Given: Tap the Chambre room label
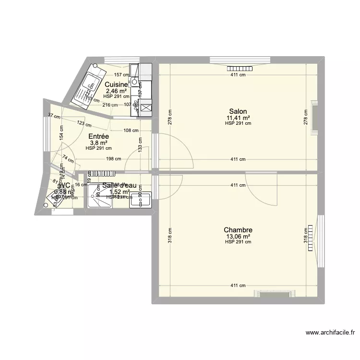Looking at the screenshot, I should point(238,230).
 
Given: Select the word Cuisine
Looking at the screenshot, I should point(117,84).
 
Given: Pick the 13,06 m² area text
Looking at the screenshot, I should point(238,236).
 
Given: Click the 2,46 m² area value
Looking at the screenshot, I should point(116,90).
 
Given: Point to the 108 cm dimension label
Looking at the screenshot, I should point(131,130).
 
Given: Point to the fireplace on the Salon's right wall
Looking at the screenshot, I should point(314,116).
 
